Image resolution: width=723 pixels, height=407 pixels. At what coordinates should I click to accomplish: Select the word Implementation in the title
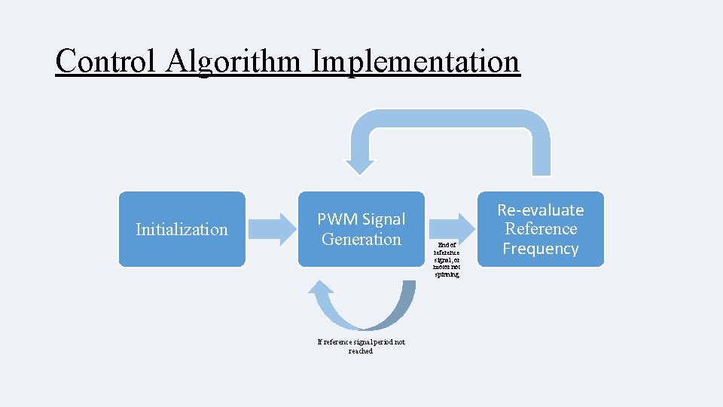pyautogui.click(x=415, y=61)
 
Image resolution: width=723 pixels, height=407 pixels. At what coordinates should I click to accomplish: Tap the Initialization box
pyautogui.click(x=182, y=229)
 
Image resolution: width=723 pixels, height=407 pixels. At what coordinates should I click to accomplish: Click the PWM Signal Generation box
pyautogui.click(x=361, y=229)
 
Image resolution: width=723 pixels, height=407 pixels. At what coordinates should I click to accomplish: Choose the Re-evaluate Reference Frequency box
pyautogui.click(x=540, y=229)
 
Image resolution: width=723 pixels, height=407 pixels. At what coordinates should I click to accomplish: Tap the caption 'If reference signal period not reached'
pyautogui.click(x=361, y=346)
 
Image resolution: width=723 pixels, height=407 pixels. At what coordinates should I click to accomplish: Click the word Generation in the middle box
pyautogui.click(x=361, y=240)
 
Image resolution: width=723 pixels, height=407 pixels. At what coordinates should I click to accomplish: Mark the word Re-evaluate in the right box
pyautogui.click(x=540, y=210)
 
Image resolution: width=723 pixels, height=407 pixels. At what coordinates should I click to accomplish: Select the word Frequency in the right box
pyautogui.click(x=540, y=249)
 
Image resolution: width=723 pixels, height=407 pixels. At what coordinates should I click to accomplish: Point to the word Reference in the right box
pyautogui.click(x=540, y=229)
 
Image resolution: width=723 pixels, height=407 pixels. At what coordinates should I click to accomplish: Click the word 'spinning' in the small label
pyautogui.click(x=447, y=274)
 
